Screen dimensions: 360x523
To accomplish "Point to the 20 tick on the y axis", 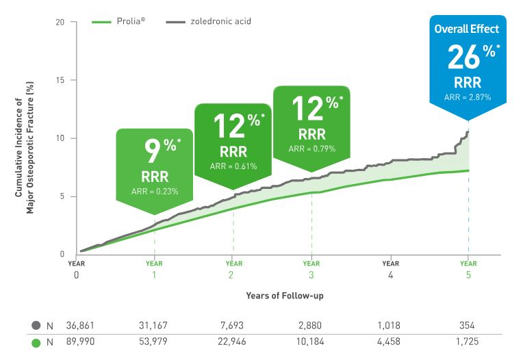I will click(60, 22).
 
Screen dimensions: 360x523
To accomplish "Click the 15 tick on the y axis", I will click(60, 80).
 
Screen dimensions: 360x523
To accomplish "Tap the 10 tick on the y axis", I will click(60, 138).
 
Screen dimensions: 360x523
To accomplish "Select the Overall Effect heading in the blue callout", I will click(467, 29).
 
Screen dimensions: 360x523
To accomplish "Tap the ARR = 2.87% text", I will click(467, 97).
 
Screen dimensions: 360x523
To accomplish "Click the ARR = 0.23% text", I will click(155, 191).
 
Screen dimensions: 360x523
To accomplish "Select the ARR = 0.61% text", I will click(233, 166).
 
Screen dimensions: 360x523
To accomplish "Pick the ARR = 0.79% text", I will click(311, 149).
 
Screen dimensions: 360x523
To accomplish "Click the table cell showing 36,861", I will click(81, 326).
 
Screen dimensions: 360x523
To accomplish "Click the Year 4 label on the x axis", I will click(390, 269).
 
